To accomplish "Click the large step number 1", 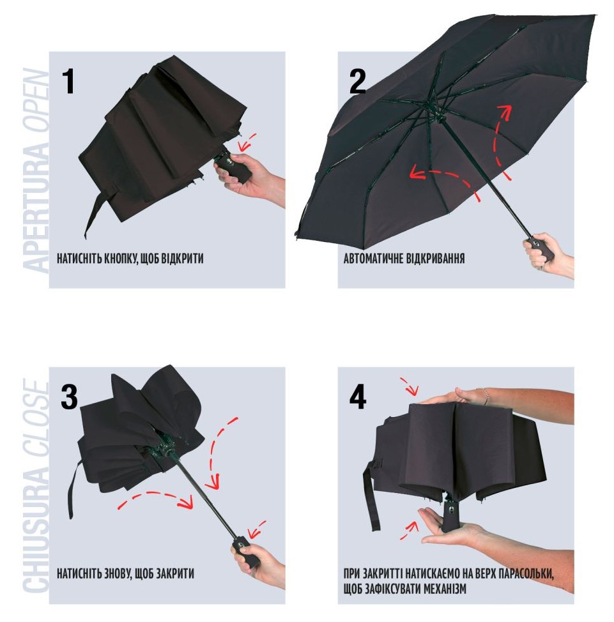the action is pos(69,81).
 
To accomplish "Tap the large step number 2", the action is pos(357,81).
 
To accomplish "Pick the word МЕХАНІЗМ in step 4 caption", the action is pos(445,589).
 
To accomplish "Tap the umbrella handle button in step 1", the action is pos(229,161).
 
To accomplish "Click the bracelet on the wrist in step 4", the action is pos(486,397).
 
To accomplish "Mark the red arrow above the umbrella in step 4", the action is pos(409,386).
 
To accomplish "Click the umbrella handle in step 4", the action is pos(450,516).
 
